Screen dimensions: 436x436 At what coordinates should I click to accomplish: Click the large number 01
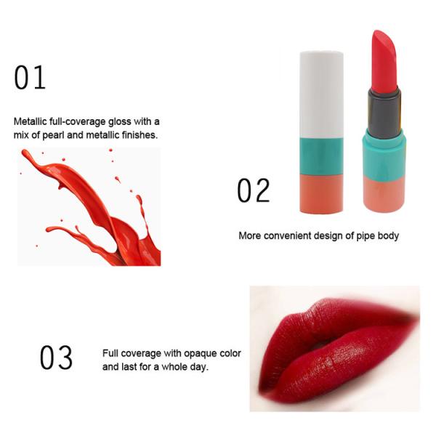click(30, 77)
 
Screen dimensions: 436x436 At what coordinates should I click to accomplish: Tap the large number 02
click(254, 190)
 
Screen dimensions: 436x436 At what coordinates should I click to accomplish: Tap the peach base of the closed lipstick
click(321, 193)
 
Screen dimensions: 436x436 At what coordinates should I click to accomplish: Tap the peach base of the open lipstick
click(384, 194)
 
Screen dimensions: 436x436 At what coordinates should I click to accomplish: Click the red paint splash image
click(88, 208)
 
